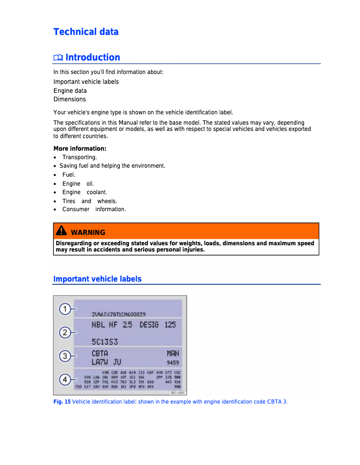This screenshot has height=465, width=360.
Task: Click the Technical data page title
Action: click(x=86, y=32)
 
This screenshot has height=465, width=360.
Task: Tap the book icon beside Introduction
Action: click(x=58, y=58)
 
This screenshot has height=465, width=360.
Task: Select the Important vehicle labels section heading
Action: click(x=97, y=279)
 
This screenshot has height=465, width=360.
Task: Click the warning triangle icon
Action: click(x=61, y=231)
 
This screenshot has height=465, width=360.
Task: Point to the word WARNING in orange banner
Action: click(x=88, y=232)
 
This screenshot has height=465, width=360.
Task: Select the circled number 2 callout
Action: click(x=65, y=332)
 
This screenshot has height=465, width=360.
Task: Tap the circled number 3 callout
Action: click(x=65, y=356)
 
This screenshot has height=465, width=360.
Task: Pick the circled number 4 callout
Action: click(x=65, y=380)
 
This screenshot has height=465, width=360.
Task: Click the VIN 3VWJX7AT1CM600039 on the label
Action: click(x=119, y=314)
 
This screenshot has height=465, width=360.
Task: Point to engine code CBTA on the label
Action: click(x=100, y=353)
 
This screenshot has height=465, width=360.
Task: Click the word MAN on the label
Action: click(x=172, y=353)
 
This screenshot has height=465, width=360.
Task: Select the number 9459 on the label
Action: click(x=172, y=362)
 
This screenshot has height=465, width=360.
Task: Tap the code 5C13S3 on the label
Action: click(x=105, y=342)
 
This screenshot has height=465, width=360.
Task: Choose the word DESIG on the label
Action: click(x=149, y=325)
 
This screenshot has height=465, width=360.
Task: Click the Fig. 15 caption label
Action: click(x=62, y=402)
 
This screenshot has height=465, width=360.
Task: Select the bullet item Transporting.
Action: click(x=79, y=157)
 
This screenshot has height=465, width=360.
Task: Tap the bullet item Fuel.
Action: click(x=69, y=175)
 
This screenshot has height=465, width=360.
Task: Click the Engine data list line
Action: click(x=70, y=91)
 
